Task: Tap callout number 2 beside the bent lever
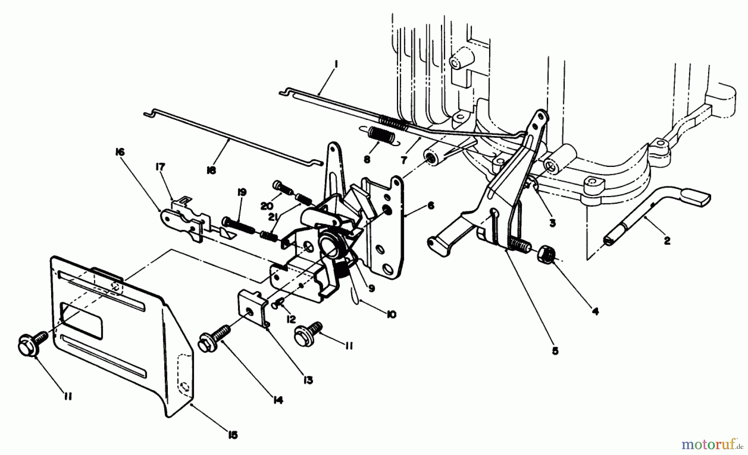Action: pyautogui.click(x=667, y=240)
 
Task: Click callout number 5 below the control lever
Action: pyautogui.click(x=555, y=351)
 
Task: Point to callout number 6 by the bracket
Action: pyautogui.click(x=431, y=205)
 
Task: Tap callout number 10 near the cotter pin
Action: pyautogui.click(x=391, y=314)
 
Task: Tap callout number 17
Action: pyautogui.click(x=160, y=167)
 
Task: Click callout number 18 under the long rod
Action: pyautogui.click(x=211, y=171)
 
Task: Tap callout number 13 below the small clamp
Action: pyautogui.click(x=308, y=380)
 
